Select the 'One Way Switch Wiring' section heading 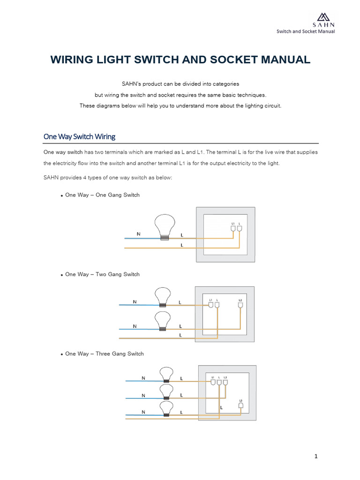click(x=79, y=136)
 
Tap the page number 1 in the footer click(x=316, y=456)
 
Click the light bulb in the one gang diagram click(x=165, y=226)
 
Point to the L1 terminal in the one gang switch click(x=233, y=228)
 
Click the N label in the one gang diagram click(x=138, y=233)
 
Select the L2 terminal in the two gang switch click(x=240, y=305)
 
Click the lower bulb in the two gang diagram click(x=163, y=321)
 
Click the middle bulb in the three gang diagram click(x=165, y=390)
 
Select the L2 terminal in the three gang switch click(x=225, y=382)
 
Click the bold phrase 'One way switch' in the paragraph click(x=63, y=152)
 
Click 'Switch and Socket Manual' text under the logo click(x=305, y=31)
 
